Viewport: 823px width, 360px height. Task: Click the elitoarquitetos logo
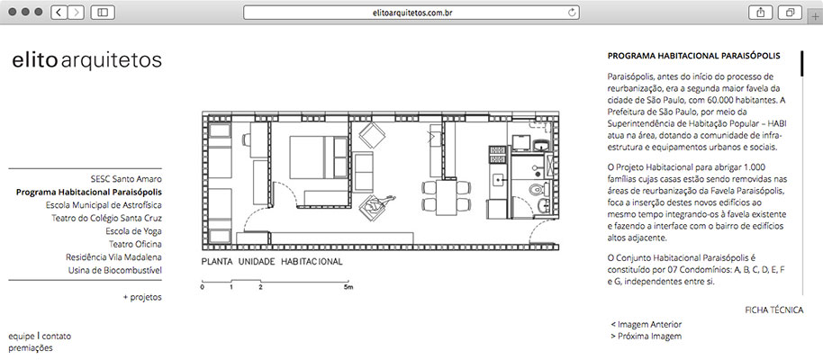click(86, 60)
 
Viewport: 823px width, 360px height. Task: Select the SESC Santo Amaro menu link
click(126, 179)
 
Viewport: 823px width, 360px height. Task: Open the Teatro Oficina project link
click(135, 244)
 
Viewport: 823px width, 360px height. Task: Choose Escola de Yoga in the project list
click(133, 231)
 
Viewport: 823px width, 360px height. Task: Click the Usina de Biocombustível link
click(115, 270)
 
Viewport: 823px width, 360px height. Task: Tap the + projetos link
click(142, 297)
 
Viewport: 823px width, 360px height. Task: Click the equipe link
click(21, 337)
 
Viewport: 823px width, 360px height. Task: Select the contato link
click(56, 337)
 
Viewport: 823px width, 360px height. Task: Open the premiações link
click(31, 348)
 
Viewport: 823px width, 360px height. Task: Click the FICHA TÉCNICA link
click(773, 310)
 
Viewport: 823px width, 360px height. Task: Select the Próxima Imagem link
click(647, 337)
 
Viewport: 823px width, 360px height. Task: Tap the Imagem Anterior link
click(647, 325)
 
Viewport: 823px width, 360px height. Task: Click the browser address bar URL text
click(411, 12)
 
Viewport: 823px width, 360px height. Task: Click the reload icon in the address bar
click(572, 12)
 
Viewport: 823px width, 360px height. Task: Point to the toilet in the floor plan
click(537, 188)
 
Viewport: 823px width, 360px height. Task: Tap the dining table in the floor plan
click(446, 197)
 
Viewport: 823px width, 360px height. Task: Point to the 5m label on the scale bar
click(348, 288)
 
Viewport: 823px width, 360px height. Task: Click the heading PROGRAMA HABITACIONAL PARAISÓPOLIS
click(693, 56)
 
